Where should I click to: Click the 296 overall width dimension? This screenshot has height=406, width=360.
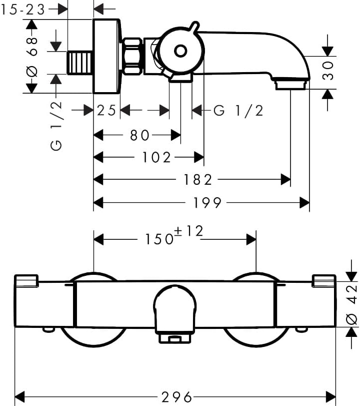(x=177, y=396)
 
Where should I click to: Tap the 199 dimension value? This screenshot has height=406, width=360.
(x=207, y=202)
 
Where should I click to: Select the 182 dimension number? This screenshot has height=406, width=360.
(x=198, y=179)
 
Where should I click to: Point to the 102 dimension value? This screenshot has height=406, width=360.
(x=156, y=157)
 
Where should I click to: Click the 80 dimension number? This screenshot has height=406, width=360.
(x=140, y=135)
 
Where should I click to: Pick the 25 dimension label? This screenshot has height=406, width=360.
(x=106, y=111)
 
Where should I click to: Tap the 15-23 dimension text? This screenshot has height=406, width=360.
(x=23, y=10)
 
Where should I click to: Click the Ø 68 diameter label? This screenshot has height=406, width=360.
(x=32, y=57)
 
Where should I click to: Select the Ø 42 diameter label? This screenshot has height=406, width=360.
(x=351, y=304)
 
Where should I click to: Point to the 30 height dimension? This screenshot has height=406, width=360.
(x=328, y=71)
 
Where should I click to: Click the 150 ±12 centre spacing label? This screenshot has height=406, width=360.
(x=174, y=235)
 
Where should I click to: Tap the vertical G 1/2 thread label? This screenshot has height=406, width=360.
(x=56, y=126)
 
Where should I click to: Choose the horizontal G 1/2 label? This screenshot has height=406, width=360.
(x=238, y=111)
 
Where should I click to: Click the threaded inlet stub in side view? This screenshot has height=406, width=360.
(x=80, y=63)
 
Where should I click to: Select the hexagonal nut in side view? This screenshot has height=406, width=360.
(x=132, y=56)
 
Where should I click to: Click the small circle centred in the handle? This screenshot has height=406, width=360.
(x=180, y=51)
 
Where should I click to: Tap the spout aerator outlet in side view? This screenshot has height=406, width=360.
(x=290, y=85)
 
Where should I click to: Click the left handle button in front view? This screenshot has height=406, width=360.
(x=26, y=281)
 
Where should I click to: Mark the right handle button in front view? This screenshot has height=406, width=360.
(x=324, y=281)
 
